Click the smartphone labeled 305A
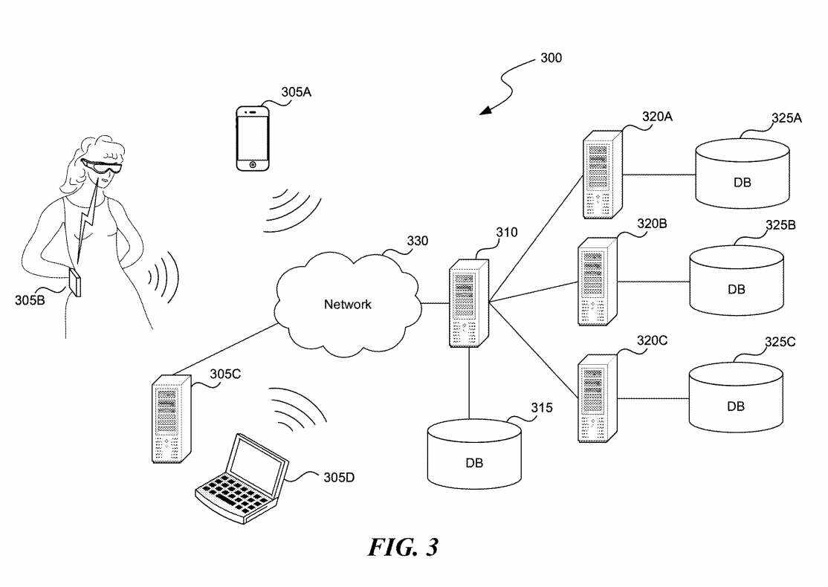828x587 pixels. (253, 138)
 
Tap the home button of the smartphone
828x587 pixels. (253, 163)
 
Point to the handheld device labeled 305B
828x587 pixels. (75, 283)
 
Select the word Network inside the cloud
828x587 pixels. (347, 304)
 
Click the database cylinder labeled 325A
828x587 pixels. (741, 173)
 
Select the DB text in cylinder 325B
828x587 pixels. (736, 289)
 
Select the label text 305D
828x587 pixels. (338, 476)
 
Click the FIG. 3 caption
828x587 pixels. (404, 548)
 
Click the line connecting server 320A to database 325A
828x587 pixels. (658, 175)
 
